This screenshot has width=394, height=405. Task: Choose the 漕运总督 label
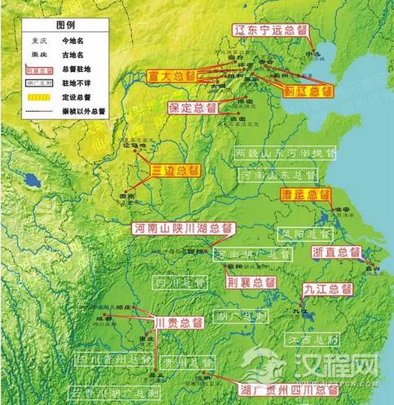[304, 195]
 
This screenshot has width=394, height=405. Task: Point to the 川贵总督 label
[178, 323]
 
